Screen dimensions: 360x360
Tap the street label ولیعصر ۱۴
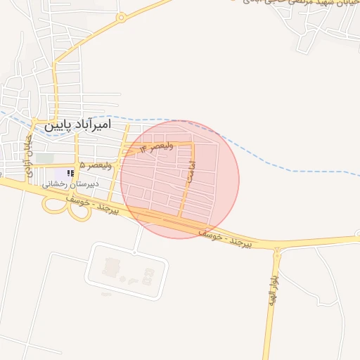click(x=156, y=148)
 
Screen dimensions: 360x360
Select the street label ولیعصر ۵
click(x=95, y=165)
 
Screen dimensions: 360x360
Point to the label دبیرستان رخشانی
click(x=71, y=184)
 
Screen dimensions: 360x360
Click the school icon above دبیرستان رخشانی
click(x=70, y=173)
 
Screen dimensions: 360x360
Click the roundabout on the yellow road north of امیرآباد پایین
click(x=122, y=18)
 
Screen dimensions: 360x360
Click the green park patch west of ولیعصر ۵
click(x=45, y=159)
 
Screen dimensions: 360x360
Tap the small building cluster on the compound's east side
click(x=147, y=274)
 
